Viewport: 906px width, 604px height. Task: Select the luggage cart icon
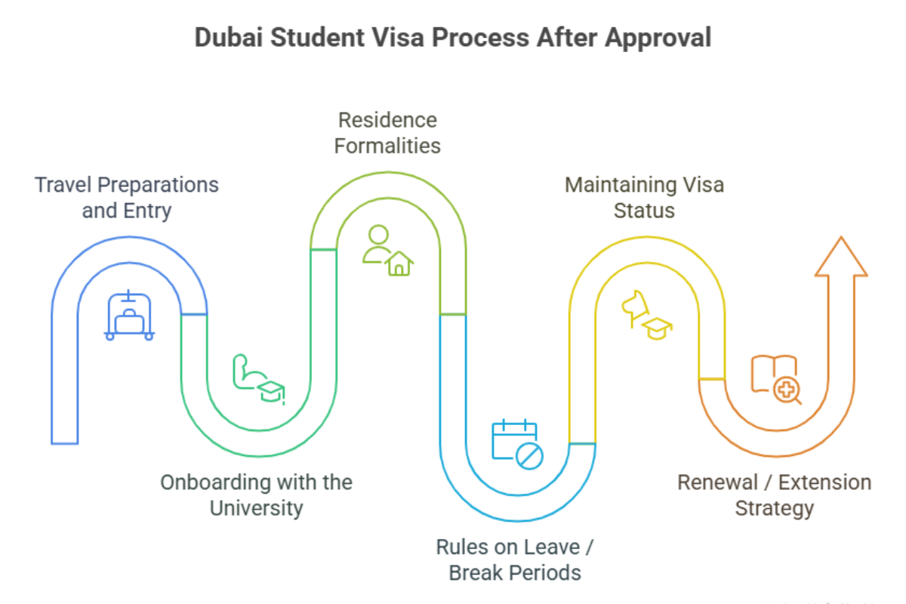(130, 315)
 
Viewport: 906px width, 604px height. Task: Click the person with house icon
(388, 251)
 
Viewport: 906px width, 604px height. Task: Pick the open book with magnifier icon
(775, 379)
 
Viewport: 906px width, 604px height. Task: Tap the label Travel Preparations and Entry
(127, 197)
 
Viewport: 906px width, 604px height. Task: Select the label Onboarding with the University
(256, 495)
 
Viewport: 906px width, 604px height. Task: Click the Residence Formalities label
(387, 132)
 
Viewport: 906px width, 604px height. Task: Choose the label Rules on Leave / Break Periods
(515, 559)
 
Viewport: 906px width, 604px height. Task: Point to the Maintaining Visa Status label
(644, 197)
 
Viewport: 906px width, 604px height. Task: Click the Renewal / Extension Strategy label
(774, 495)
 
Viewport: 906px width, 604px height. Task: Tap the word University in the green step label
(256, 507)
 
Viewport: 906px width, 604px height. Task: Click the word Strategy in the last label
(774, 507)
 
